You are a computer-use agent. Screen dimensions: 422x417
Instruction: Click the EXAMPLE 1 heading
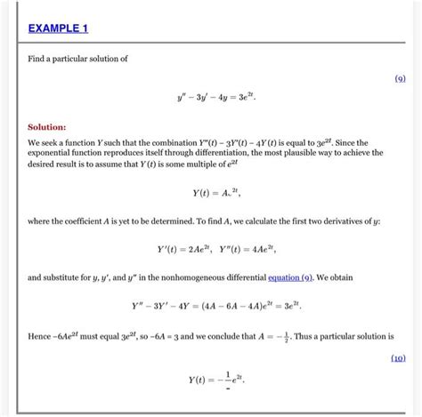(58, 28)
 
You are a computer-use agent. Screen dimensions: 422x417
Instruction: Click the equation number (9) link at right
(400, 78)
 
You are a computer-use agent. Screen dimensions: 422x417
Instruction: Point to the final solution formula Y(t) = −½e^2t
(216, 380)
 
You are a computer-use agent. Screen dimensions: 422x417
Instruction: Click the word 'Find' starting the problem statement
(37, 59)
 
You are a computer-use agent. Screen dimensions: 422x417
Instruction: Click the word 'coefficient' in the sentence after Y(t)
(93, 220)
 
